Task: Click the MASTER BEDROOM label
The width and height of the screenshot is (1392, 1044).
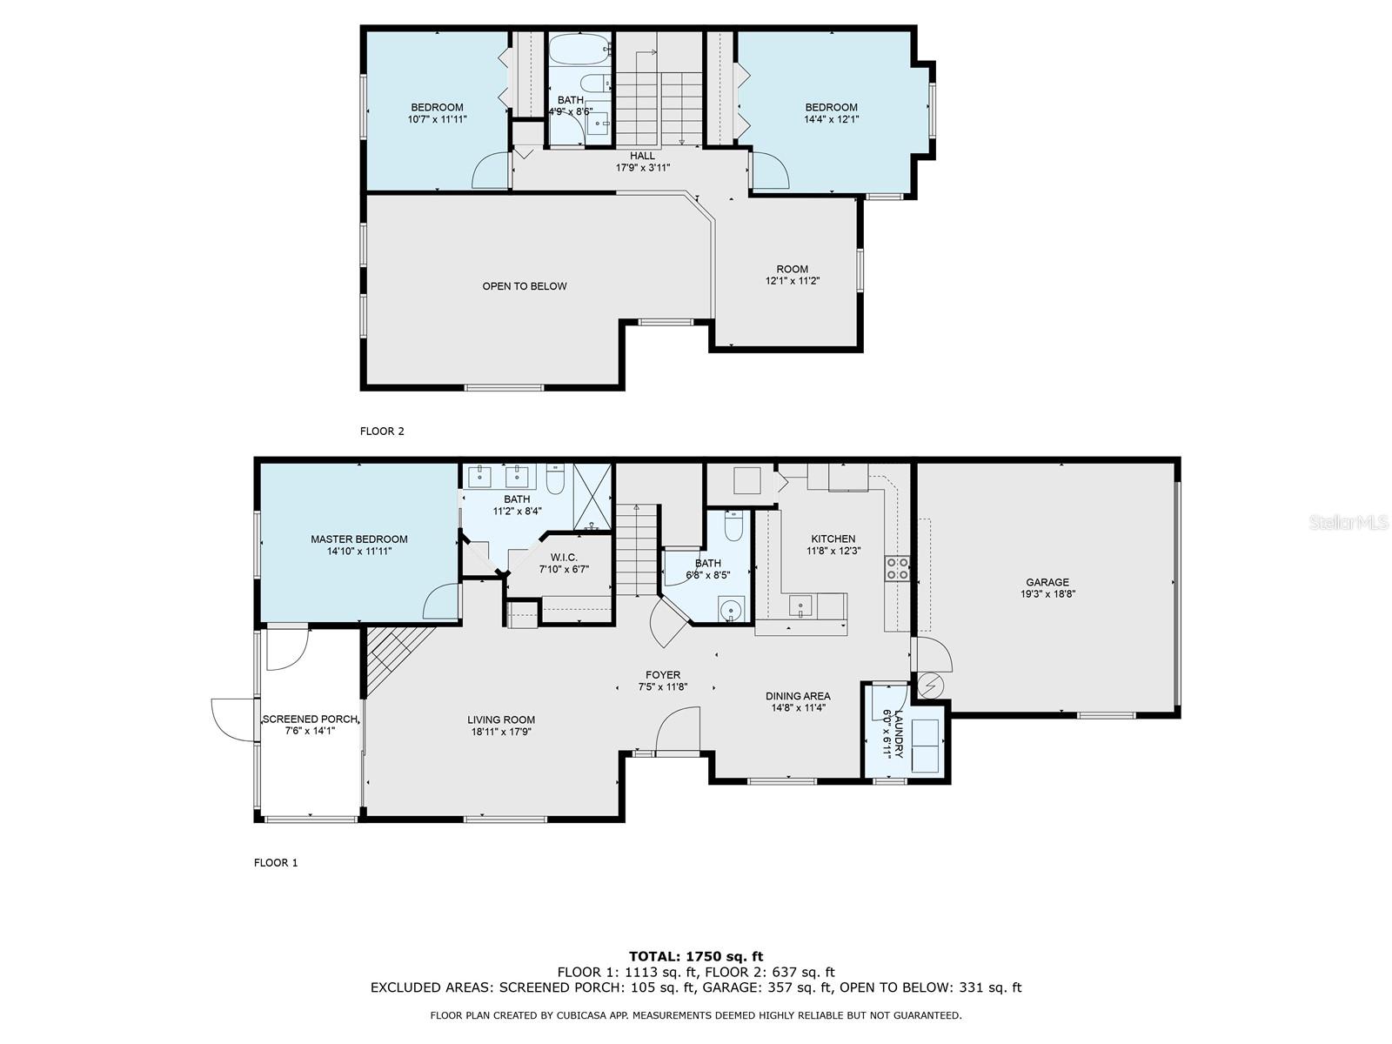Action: [x=359, y=539]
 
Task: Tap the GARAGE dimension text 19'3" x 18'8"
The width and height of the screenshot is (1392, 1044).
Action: [x=1047, y=594]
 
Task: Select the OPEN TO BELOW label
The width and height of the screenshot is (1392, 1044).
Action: [x=525, y=286]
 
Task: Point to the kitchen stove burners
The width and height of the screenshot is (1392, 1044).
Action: [x=897, y=568]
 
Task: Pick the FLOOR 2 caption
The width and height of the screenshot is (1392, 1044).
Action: [x=382, y=431]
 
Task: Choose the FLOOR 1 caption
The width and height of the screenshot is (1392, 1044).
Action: [x=276, y=863]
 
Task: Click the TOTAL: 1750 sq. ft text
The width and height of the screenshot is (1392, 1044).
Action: [x=696, y=956]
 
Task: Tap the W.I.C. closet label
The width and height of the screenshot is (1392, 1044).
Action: [x=564, y=557]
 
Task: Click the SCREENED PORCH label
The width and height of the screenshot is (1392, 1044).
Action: [x=310, y=719]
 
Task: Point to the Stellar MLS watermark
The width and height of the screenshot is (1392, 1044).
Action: [x=1348, y=522]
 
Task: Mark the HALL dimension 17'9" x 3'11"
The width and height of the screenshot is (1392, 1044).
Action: [x=642, y=168]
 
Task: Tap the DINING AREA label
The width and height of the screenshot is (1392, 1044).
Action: [x=798, y=696]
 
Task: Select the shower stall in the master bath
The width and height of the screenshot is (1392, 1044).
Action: [x=592, y=497]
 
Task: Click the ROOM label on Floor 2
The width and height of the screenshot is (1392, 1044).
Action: [x=792, y=269]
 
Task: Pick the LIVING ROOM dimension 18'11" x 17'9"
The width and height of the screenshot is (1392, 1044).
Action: [x=501, y=732]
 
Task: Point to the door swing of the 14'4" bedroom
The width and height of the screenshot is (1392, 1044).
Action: [x=768, y=170]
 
